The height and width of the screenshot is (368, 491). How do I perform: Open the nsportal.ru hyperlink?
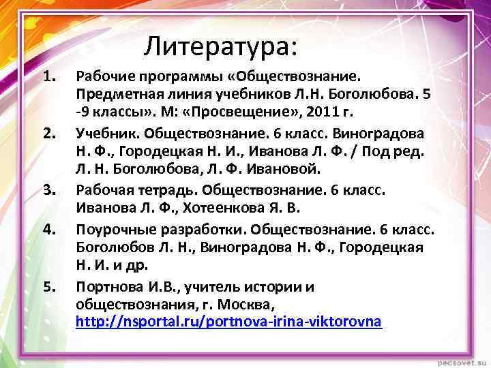(228, 320)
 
